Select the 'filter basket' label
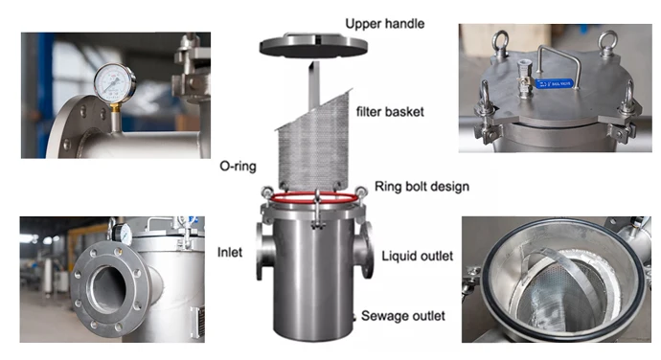tap(391, 112)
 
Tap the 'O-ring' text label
tap(238, 166)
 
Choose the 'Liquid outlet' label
tap(418, 256)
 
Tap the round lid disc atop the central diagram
tap(308, 43)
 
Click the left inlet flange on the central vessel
tap(263, 251)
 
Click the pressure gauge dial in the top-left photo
tap(115, 83)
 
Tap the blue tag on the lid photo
tap(565, 83)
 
